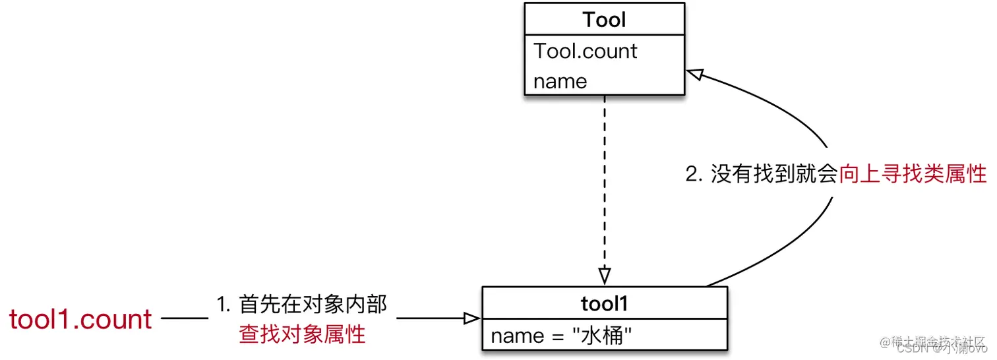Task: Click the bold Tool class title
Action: [604, 20]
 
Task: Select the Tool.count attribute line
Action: [585, 51]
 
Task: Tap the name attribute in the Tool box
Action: [560, 81]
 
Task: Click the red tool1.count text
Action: [80, 320]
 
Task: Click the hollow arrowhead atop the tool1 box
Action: [604, 276]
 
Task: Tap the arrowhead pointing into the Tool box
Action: [696, 73]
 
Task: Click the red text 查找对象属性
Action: [302, 334]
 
